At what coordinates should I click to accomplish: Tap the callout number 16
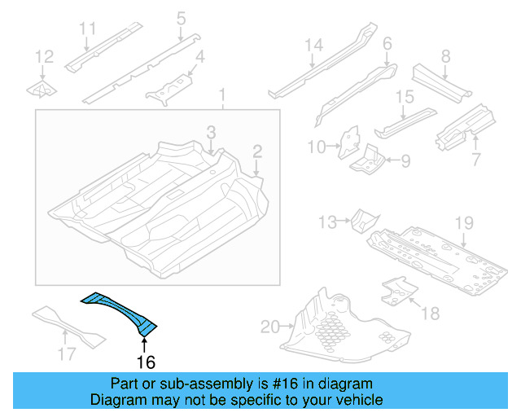[145, 362]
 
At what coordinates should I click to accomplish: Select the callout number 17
[68, 353]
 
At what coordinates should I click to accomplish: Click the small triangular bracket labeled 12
[42, 90]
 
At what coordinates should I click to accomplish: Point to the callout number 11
[87, 29]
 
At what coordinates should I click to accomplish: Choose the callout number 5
[181, 17]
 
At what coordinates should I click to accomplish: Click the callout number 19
[463, 222]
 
